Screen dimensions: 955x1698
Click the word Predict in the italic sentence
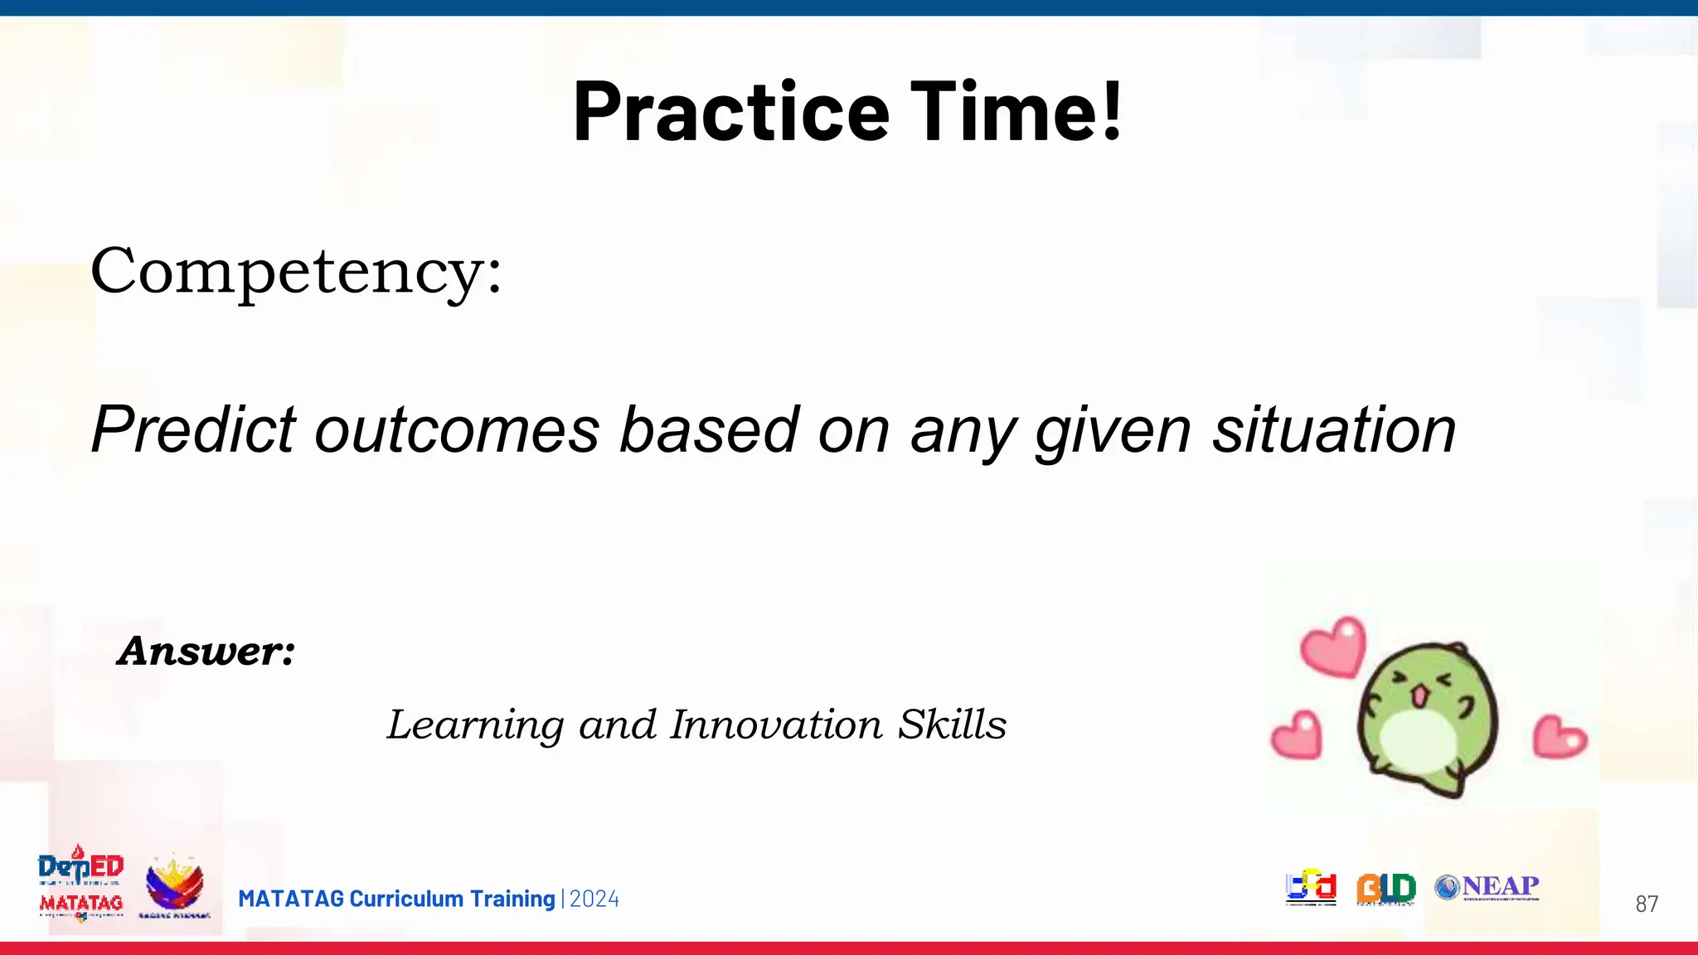(x=193, y=430)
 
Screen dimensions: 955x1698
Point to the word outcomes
(x=457, y=430)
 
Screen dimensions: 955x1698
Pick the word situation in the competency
(x=1334, y=430)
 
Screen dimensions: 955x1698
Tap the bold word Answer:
(x=206, y=651)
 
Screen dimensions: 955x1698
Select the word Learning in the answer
(x=476, y=726)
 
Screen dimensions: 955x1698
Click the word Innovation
(x=777, y=725)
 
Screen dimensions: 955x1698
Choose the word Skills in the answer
(x=953, y=725)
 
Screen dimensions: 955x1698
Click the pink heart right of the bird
(x=1559, y=737)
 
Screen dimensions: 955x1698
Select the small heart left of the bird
(x=1297, y=735)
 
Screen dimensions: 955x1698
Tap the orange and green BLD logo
(x=1385, y=889)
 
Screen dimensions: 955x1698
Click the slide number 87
(x=1646, y=904)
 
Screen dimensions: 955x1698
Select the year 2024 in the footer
(x=594, y=899)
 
